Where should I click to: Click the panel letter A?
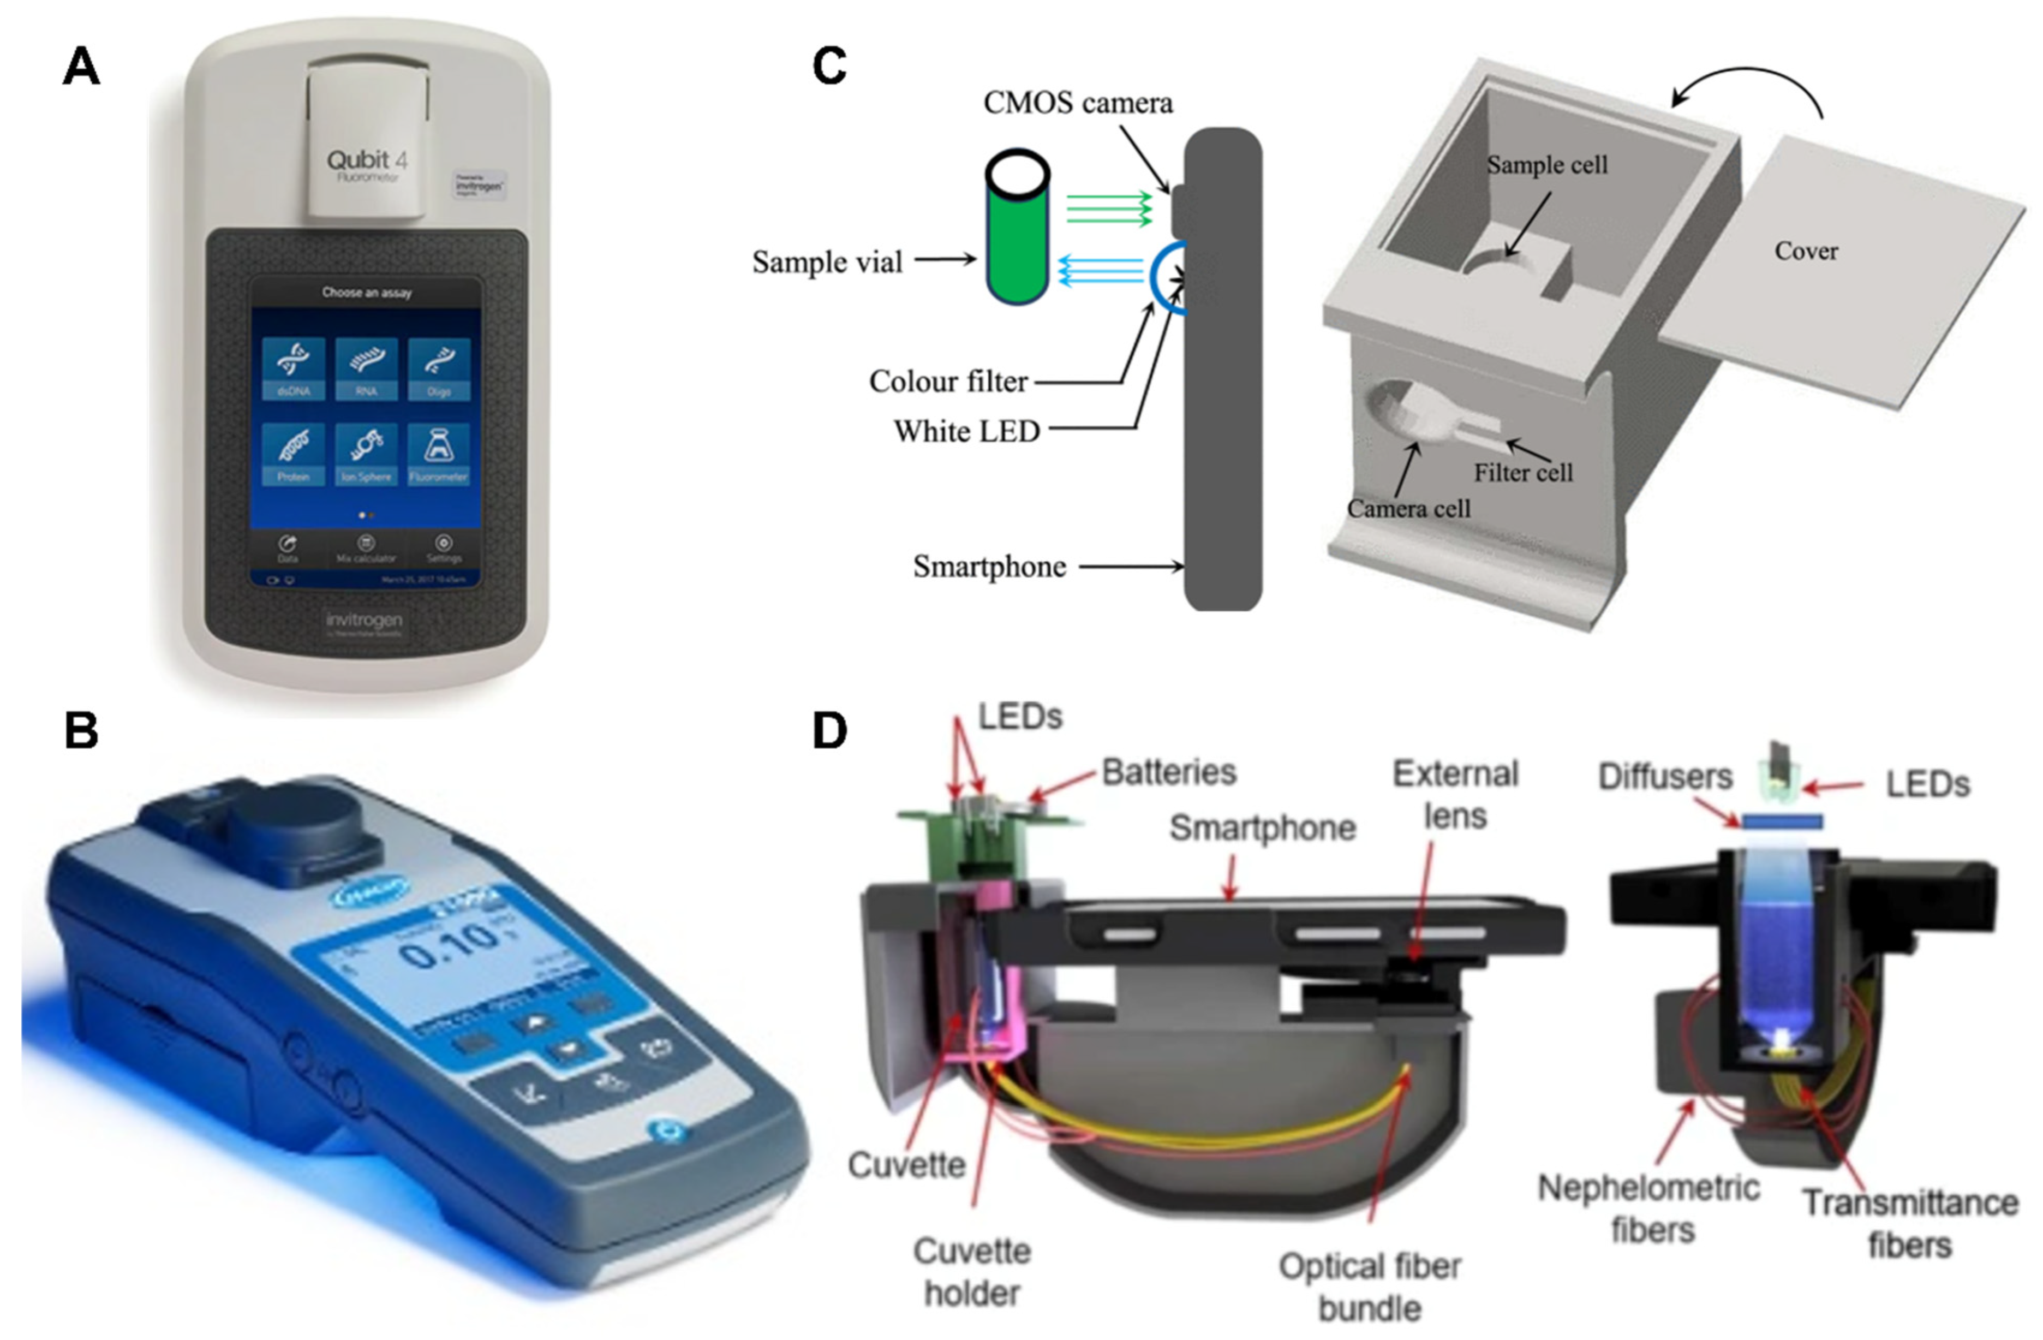(x=81, y=67)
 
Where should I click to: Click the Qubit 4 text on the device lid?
(x=367, y=160)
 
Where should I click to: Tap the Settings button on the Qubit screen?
(x=444, y=547)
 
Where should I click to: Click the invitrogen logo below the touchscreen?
(x=364, y=620)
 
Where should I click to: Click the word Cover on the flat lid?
(x=1806, y=252)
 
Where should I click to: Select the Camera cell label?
(x=1408, y=509)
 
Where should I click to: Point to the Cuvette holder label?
(x=972, y=1271)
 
